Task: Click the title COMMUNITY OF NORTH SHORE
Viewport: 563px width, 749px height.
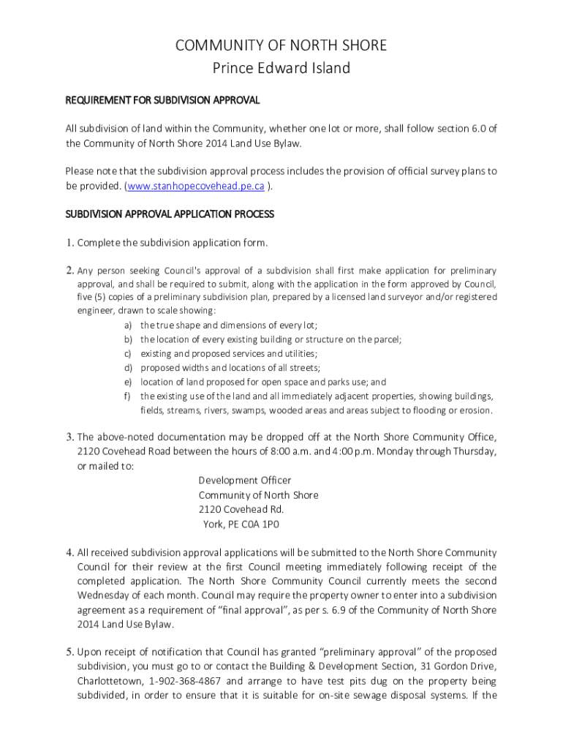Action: coord(281,45)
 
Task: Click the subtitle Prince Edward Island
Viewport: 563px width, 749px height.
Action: coord(281,69)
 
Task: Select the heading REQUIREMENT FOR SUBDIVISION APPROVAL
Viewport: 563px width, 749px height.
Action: coord(162,100)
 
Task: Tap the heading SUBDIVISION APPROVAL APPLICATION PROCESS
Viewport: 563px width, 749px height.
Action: coord(170,214)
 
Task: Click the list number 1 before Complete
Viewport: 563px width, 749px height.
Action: coord(69,242)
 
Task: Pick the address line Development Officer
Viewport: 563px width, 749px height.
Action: coord(244,481)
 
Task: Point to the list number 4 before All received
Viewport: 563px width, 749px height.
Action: coord(69,552)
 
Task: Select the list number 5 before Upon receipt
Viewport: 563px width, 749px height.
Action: coord(69,652)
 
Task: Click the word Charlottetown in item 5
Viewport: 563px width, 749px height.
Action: coord(110,680)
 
